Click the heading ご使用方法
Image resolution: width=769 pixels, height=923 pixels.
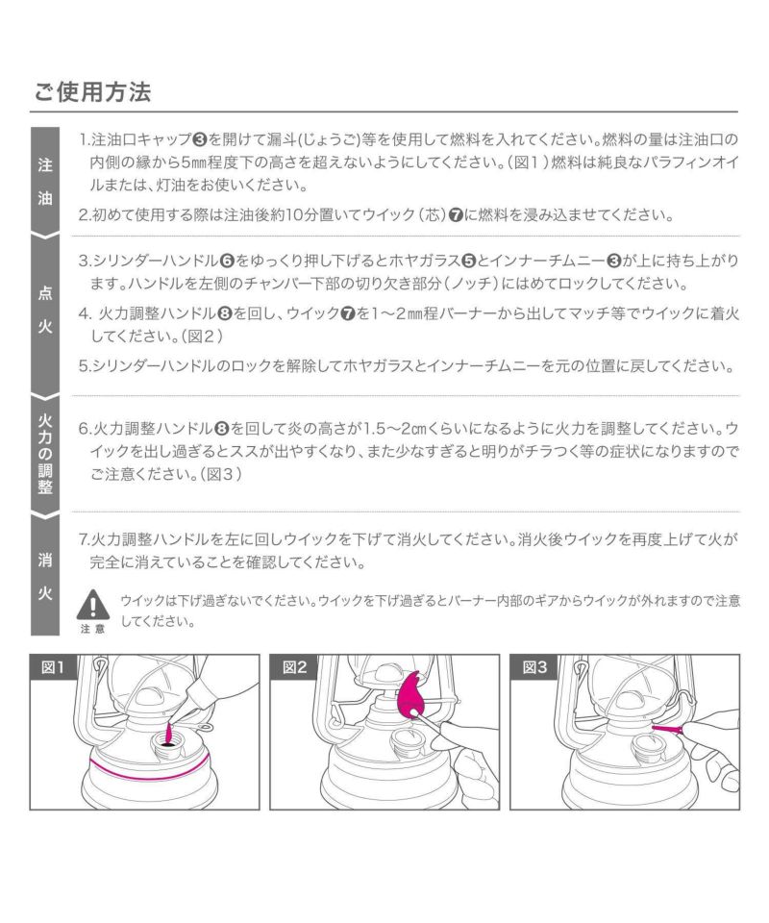pos(92,92)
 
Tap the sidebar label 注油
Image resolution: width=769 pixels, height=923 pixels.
pos(45,182)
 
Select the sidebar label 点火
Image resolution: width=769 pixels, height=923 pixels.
pos(45,309)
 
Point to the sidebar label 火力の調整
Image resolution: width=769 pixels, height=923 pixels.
pos(45,453)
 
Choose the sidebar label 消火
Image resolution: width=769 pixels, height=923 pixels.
pos(45,576)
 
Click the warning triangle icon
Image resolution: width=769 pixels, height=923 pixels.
pos(93,605)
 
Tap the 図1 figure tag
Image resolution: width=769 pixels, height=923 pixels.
pos(53,667)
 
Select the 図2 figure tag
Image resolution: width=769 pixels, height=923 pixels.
pos(294,667)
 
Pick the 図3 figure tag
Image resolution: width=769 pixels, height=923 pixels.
pos(534,667)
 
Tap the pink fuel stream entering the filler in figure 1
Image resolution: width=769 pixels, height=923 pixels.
pos(168,732)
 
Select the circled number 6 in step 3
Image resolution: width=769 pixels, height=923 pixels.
pos(227,261)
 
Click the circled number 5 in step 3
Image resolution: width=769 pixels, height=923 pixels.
pos(468,261)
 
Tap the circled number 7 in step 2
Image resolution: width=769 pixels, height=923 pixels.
pos(456,214)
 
